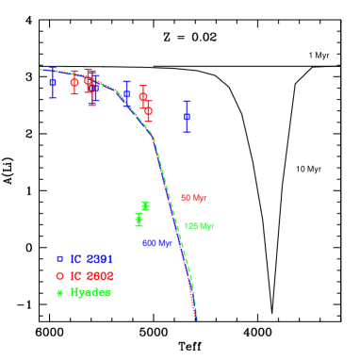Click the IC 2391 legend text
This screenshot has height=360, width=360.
[92, 258]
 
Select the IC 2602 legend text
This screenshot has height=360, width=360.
[92, 275]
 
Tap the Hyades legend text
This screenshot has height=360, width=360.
[90, 292]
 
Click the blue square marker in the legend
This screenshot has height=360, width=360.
[59, 258]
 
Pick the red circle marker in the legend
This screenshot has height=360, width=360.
[59, 275]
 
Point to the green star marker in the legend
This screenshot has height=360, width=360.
[59, 292]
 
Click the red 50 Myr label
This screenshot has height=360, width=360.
[193, 198]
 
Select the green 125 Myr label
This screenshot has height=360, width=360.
[199, 226]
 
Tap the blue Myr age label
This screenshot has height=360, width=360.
[156, 243]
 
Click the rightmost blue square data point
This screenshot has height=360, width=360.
[187, 116]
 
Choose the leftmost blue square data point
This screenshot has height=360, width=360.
[53, 82]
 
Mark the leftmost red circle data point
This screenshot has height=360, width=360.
[74, 82]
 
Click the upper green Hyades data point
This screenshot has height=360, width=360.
[145, 205]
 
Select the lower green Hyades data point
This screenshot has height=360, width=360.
[139, 219]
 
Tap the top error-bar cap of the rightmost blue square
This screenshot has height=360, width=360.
[187, 101]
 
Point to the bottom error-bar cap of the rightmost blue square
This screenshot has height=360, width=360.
[187, 131]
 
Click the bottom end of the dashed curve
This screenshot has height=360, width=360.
[196, 320]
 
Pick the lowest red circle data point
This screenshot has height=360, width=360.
[148, 110]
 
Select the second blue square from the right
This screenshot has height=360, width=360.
[126, 93]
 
